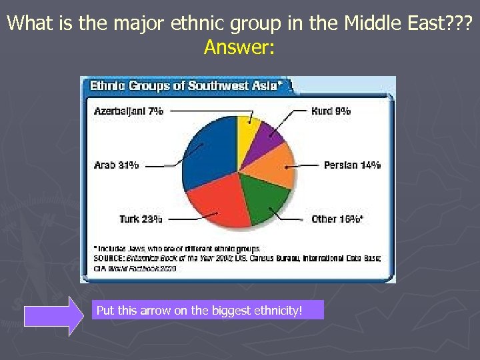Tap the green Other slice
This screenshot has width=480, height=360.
267,197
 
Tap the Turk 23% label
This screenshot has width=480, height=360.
141,219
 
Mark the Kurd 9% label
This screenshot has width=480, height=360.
331,111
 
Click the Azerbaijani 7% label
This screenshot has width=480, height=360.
129,111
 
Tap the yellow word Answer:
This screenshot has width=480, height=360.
239,48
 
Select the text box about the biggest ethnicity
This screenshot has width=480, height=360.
207,310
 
